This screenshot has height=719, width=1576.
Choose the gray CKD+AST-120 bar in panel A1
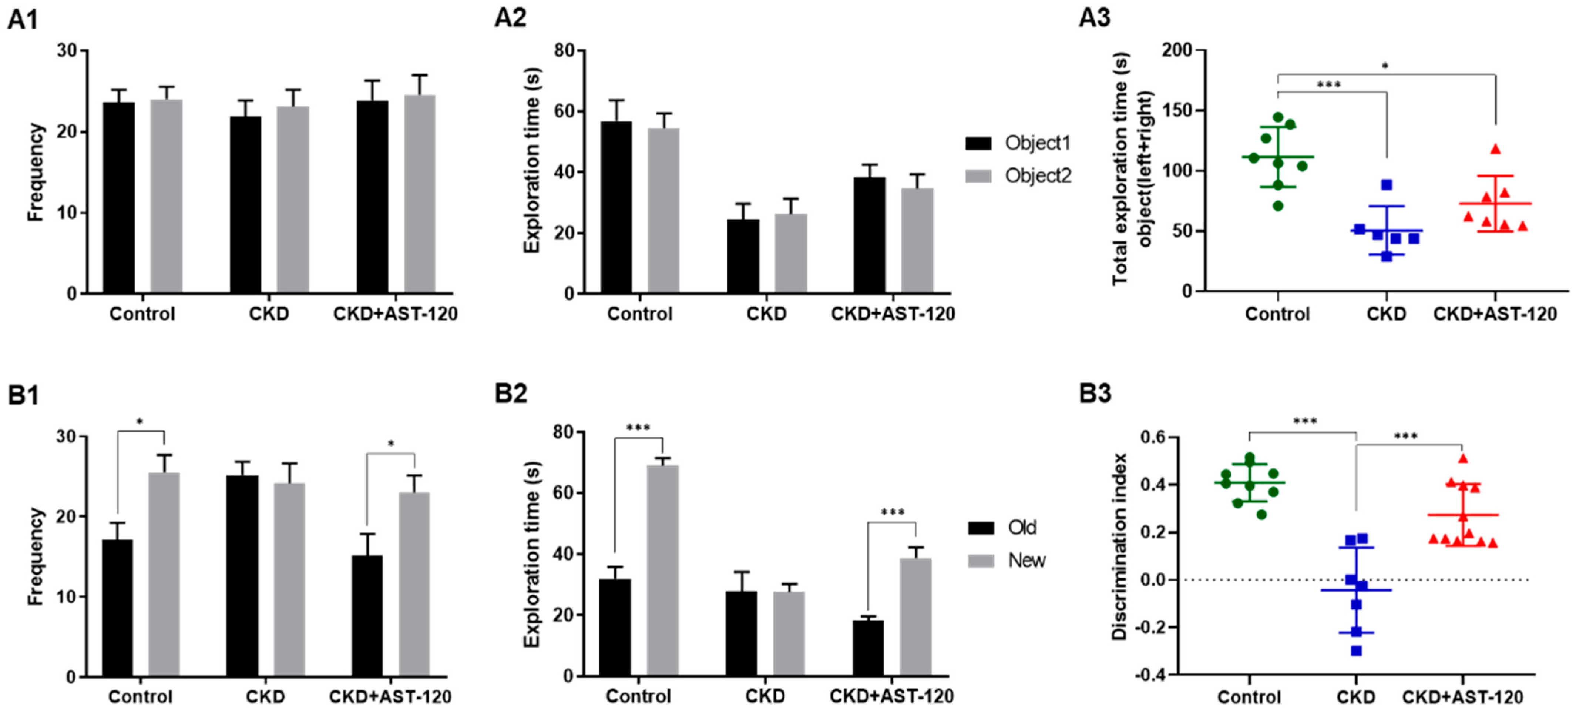click(x=420, y=195)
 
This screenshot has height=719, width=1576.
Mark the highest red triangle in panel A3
click(x=1495, y=149)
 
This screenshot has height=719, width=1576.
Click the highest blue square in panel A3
click(x=1387, y=185)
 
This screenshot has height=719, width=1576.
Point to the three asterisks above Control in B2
click(x=638, y=428)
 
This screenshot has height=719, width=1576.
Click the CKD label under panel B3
click(x=1356, y=697)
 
